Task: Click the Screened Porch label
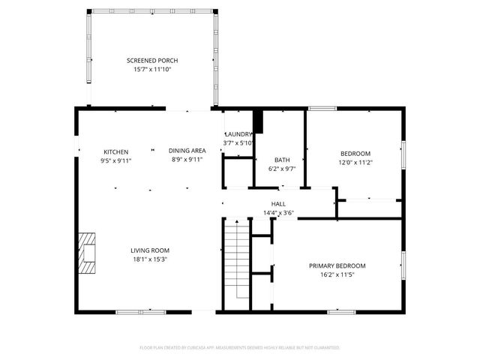(x=152, y=61)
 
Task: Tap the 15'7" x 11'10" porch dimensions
(x=152, y=70)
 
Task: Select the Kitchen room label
(x=115, y=151)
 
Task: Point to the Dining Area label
(x=187, y=151)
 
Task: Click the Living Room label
(x=150, y=250)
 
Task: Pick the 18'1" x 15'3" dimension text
(x=150, y=259)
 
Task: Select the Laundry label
(x=239, y=134)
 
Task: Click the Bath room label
(x=282, y=160)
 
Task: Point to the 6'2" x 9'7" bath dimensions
(x=282, y=169)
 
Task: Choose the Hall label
(x=278, y=204)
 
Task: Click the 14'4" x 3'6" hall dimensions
(x=278, y=213)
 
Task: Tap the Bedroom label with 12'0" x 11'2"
(x=355, y=153)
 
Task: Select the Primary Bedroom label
(x=337, y=266)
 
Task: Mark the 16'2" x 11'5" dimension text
(x=337, y=275)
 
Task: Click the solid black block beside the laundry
(x=259, y=121)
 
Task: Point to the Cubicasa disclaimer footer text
(x=240, y=348)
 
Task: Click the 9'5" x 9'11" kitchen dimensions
(x=115, y=160)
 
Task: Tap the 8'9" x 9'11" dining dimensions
(x=187, y=160)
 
